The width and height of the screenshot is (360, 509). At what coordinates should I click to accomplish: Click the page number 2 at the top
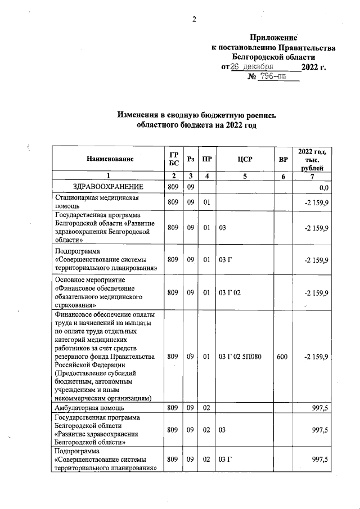click(194, 20)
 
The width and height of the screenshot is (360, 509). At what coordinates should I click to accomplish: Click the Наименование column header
click(110, 159)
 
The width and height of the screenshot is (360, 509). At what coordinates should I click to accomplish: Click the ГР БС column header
click(173, 159)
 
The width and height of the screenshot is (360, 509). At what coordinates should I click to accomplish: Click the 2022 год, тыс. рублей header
click(314, 159)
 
